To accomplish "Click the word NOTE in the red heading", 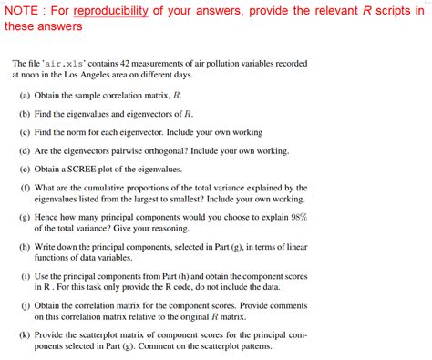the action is click(x=22, y=10).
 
